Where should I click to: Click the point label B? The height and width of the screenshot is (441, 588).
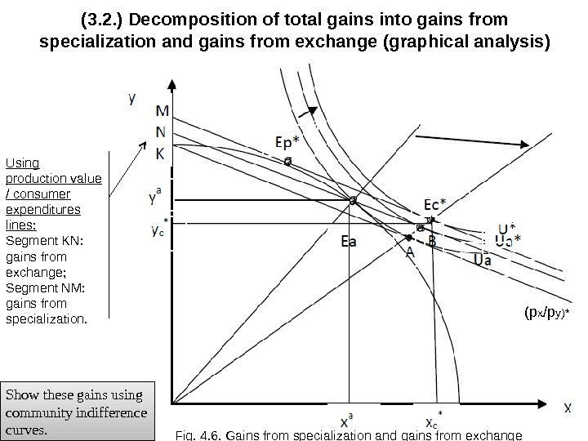pyautogui.click(x=431, y=242)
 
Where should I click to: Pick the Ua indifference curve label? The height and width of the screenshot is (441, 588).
pyautogui.click(x=482, y=260)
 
